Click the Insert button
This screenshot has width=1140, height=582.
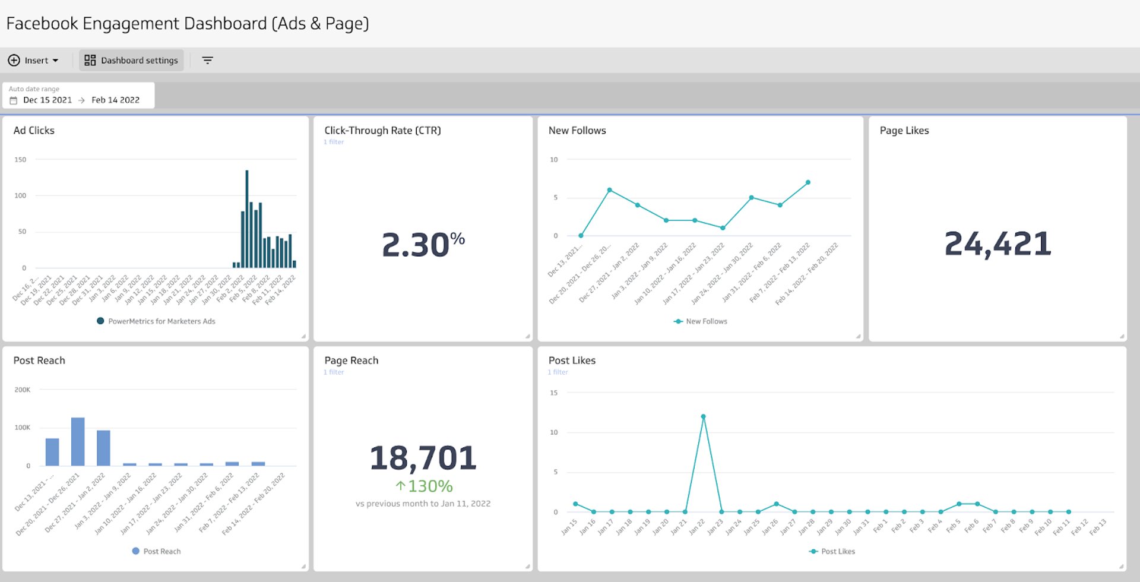pos(33,61)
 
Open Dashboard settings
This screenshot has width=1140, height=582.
pos(131,61)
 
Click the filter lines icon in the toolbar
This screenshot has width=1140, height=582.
pos(207,61)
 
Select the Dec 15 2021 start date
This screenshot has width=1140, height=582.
pos(47,100)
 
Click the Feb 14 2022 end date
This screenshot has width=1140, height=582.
pos(115,100)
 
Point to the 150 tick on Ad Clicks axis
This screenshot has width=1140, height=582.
pos(20,160)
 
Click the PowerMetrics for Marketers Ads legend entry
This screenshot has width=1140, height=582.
pos(156,321)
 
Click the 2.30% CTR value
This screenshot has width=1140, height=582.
pos(423,244)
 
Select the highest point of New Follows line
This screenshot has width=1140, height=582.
pos(808,182)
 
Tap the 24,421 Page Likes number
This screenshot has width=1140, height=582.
pos(997,244)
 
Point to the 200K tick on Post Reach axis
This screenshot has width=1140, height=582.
pos(22,390)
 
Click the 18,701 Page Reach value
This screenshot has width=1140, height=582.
pos(423,458)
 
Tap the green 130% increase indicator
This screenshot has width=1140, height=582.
pos(424,486)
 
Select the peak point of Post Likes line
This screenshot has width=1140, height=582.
pos(703,417)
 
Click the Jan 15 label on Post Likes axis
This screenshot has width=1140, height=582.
pos(569,527)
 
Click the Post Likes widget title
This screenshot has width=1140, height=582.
pos(572,360)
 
